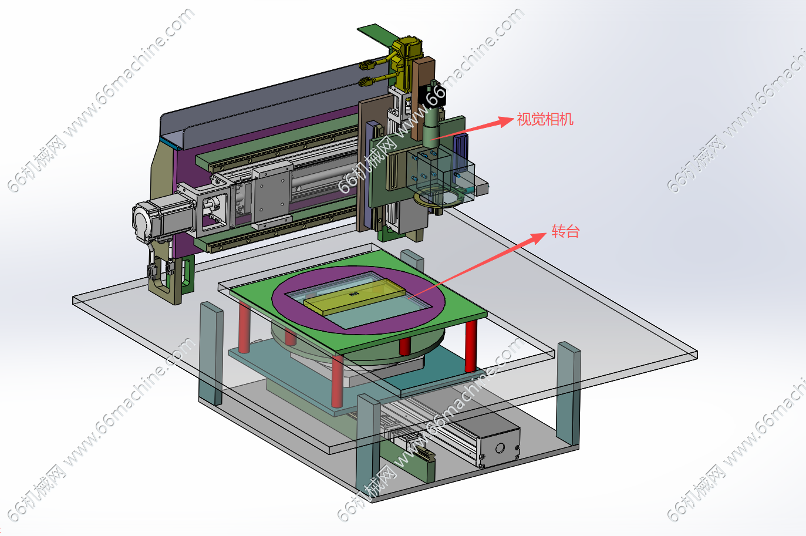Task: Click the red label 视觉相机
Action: [545, 119]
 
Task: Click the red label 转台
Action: [565, 231]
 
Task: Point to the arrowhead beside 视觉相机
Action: [506, 122]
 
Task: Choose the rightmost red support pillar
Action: [471, 346]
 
